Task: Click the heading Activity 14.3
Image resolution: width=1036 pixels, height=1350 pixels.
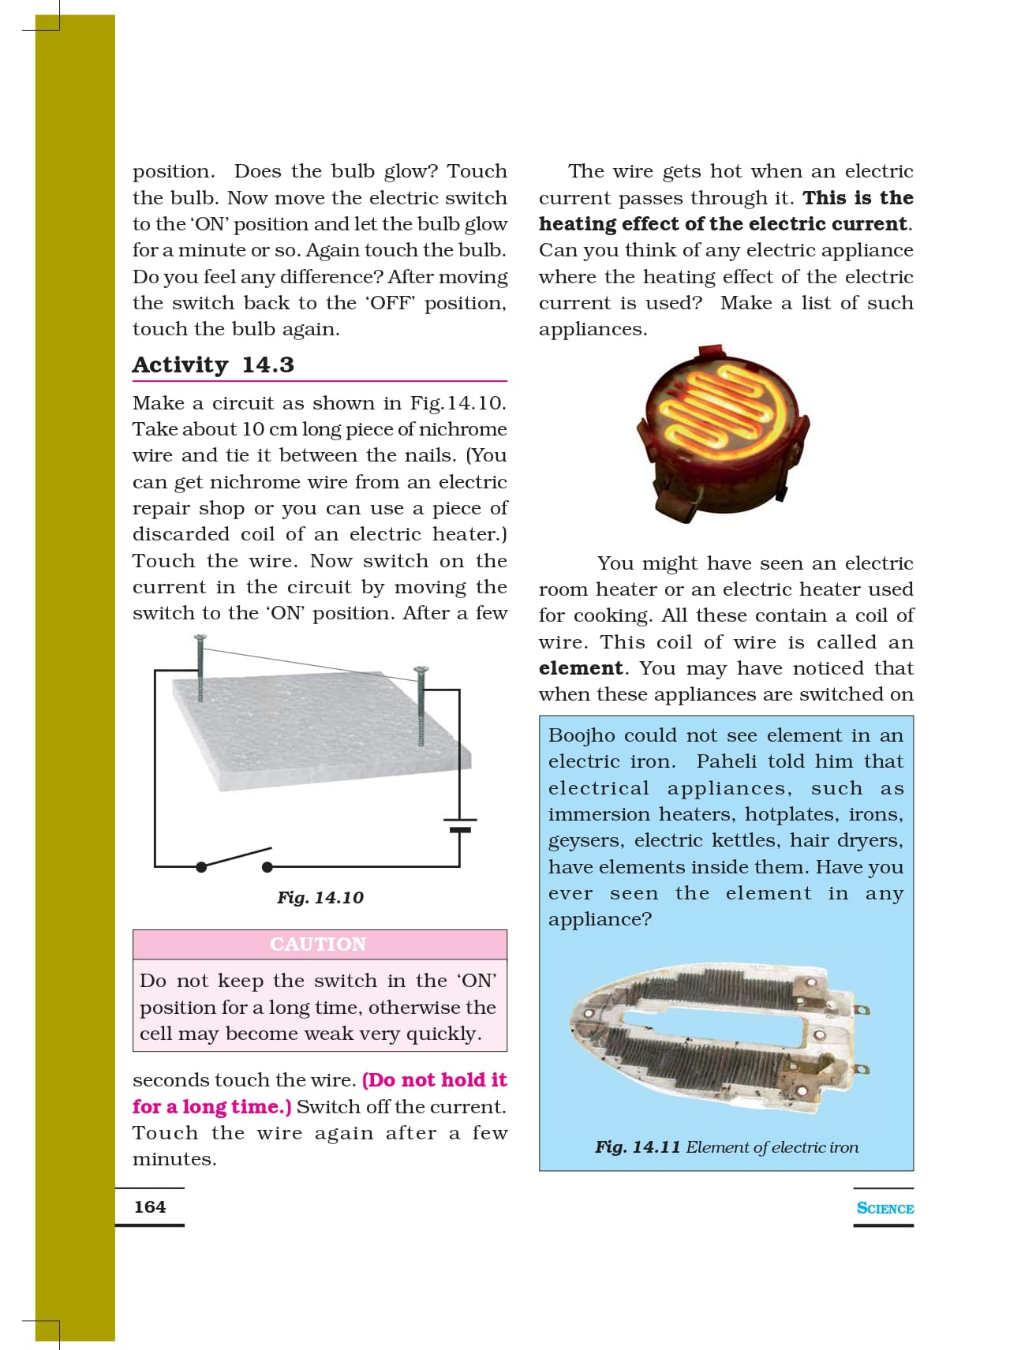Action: [x=213, y=365]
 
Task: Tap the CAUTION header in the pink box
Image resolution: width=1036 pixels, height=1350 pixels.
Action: [x=318, y=944]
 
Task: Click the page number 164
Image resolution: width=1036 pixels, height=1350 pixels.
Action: [x=150, y=1206]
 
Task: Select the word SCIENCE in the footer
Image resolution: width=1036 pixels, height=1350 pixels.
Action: [x=885, y=1208]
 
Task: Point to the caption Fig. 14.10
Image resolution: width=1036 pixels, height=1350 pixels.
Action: [x=320, y=897]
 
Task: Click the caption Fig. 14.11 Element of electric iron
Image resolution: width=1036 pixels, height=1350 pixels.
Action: [x=726, y=1146]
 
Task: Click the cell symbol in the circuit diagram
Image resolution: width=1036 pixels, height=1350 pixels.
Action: [x=460, y=825]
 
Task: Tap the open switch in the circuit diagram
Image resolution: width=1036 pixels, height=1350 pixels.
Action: [x=234, y=859]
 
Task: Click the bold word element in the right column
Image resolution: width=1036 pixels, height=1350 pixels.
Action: [x=581, y=668]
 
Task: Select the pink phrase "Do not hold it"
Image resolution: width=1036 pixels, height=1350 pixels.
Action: [x=434, y=1079]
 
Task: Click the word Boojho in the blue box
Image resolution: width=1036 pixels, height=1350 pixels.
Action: [x=582, y=735]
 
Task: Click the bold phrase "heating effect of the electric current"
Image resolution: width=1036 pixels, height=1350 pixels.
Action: [x=723, y=223]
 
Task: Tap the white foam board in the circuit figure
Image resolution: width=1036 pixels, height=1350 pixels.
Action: [x=324, y=730]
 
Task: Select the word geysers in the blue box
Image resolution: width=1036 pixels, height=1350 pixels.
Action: [x=585, y=840]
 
